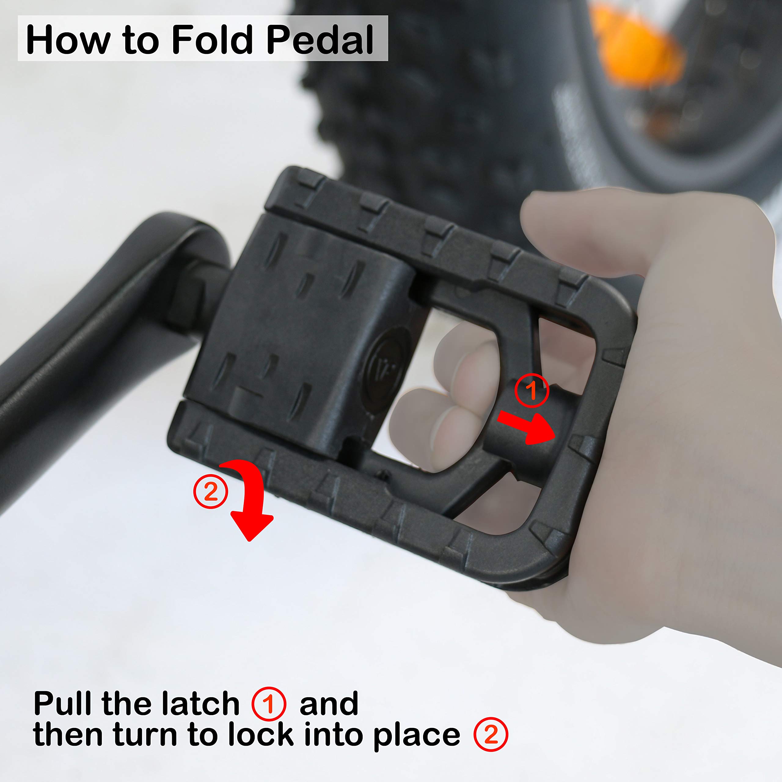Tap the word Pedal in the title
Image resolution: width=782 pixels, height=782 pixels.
pos(320,39)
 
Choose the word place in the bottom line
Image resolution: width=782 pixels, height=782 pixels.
pos(417,737)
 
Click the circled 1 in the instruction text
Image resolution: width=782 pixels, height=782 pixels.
pos(269,703)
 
